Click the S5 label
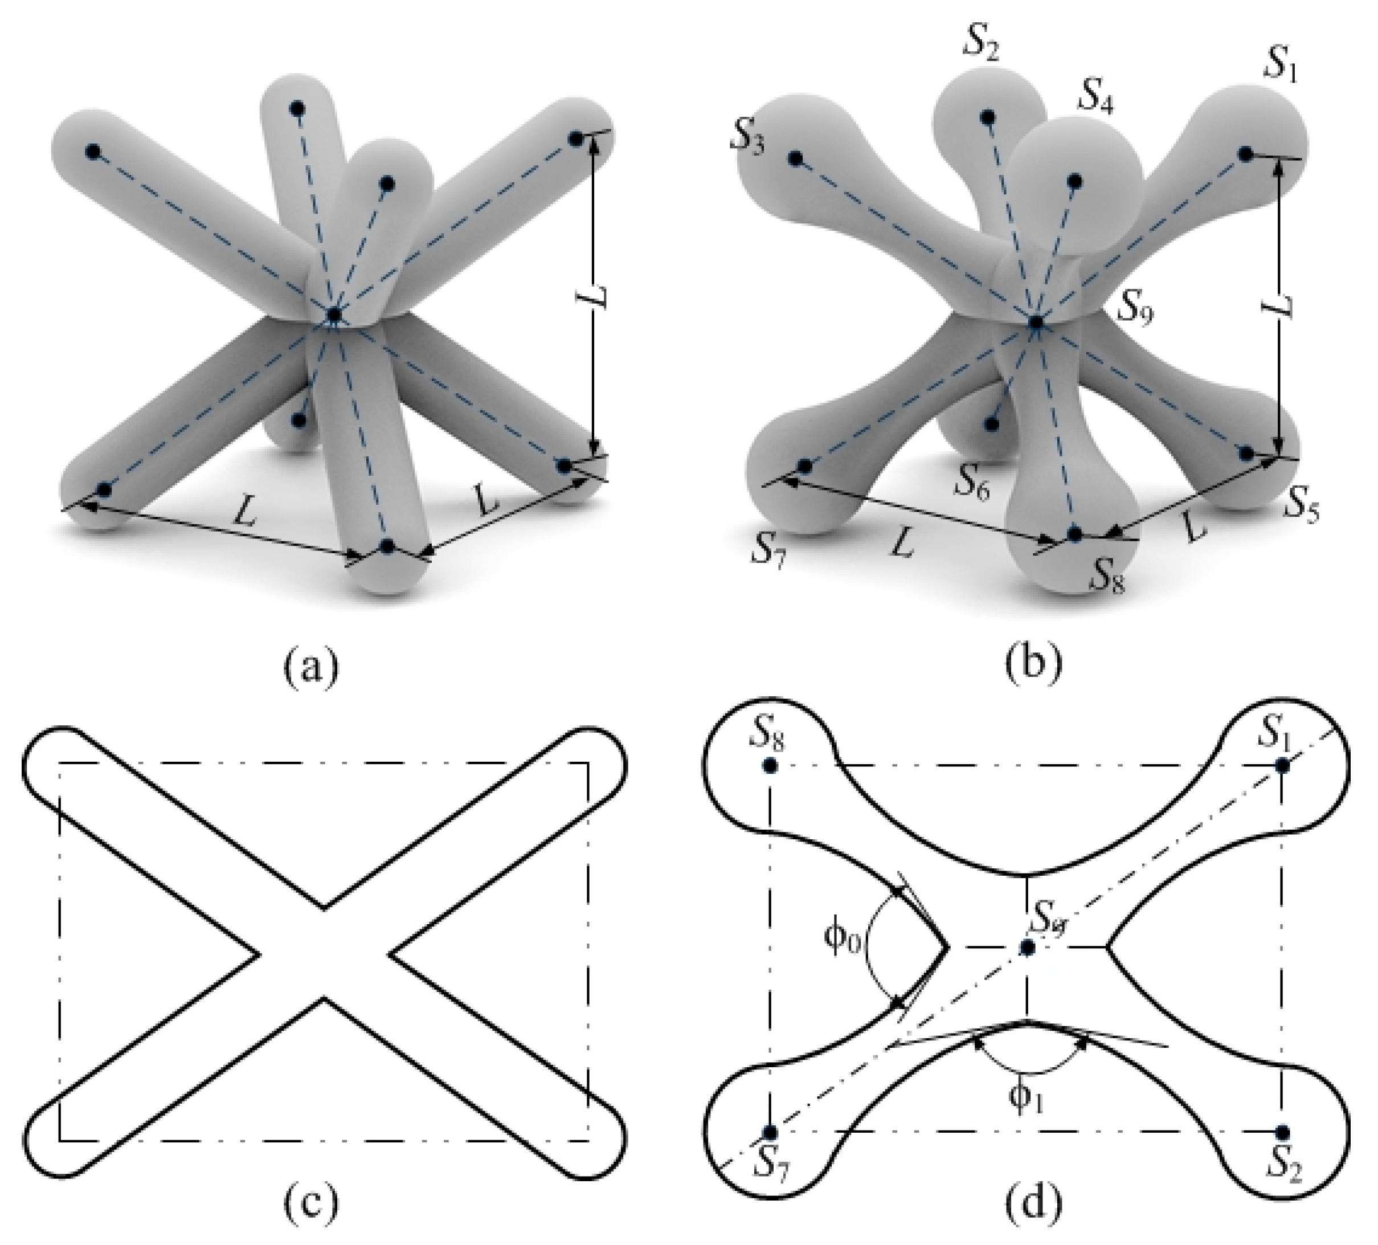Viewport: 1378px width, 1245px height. pyautogui.click(x=1301, y=507)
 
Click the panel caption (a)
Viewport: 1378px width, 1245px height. pyautogui.click(x=312, y=667)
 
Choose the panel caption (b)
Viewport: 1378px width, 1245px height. pyautogui.click(x=1034, y=667)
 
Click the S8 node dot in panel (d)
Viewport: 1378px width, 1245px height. pyautogui.click(x=770, y=766)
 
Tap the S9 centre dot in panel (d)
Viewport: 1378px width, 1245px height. pyautogui.click(x=1027, y=947)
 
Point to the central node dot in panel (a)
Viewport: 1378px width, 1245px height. pyautogui.click(x=334, y=315)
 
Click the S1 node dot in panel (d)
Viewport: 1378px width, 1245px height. pyautogui.click(x=1282, y=766)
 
